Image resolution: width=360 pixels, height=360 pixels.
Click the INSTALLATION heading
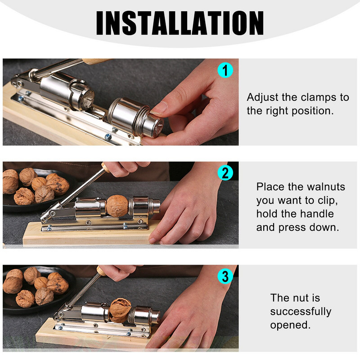click(x=180, y=23)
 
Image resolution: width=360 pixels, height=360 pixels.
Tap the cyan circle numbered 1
click(x=225, y=70)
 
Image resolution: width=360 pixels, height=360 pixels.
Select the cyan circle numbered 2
click(x=225, y=173)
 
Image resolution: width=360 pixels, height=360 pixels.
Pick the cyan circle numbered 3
click(x=225, y=276)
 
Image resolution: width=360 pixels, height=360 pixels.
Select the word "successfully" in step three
click(x=301, y=311)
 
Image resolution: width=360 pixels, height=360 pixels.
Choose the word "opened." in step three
click(x=290, y=325)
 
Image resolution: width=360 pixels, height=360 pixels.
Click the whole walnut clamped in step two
click(x=117, y=206)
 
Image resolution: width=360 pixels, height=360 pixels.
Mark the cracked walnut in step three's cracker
click(x=120, y=310)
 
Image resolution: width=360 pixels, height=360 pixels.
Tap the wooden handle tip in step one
click(x=96, y=61)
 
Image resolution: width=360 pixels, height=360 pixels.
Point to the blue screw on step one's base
click(x=108, y=137)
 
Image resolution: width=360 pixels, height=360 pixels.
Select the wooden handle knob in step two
click(x=106, y=167)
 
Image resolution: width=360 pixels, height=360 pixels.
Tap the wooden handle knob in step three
click(x=101, y=270)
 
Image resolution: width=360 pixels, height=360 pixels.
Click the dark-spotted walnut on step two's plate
click(x=58, y=185)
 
